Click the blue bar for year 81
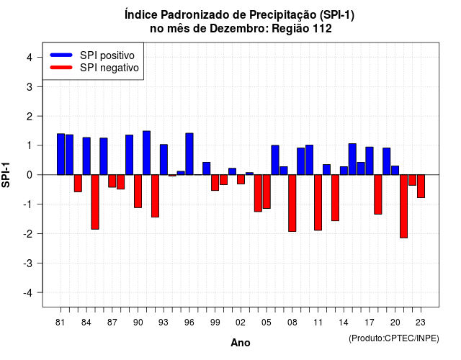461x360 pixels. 61,154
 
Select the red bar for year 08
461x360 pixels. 292,203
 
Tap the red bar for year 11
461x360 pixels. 318,202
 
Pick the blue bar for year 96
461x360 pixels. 189,154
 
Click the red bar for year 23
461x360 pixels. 421,186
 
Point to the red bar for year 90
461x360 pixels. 138,192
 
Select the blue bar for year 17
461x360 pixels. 370,161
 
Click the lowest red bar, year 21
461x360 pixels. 403,207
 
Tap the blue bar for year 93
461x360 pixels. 164,160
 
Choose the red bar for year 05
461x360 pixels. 267,192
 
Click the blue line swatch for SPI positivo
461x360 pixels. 61,55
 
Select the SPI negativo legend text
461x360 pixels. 109,68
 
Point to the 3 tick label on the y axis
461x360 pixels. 30,86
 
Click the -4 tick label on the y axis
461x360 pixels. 28,293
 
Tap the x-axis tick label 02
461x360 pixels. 241,323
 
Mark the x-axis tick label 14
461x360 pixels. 344,323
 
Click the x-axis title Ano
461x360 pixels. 241,343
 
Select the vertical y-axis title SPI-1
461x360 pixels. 6,175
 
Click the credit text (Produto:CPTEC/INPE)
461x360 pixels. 394,338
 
